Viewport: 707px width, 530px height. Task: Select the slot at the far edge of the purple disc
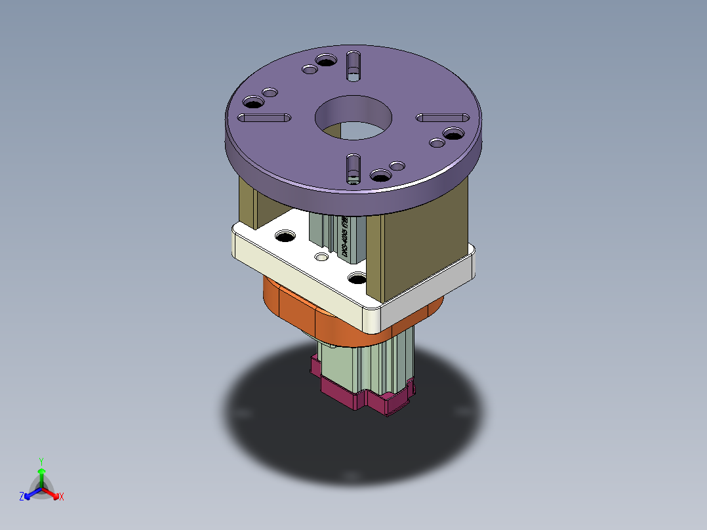[x=353, y=66]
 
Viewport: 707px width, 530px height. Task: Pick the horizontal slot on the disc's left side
[x=264, y=118]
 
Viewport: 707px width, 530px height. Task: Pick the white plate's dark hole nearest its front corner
[x=357, y=279]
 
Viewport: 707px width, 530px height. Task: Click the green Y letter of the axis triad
[x=41, y=461]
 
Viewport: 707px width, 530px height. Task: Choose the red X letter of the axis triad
[x=61, y=497]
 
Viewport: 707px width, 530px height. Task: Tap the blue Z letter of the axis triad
[x=22, y=497]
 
